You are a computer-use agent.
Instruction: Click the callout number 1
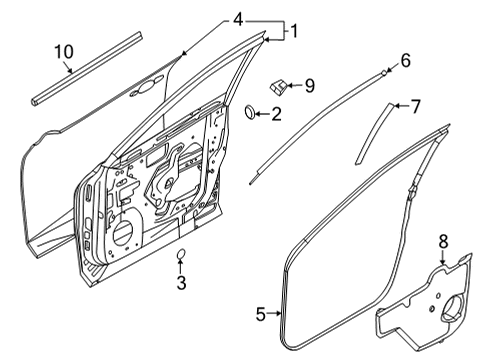(x=294, y=32)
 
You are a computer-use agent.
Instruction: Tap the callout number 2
(x=276, y=114)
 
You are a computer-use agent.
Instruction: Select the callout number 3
(x=181, y=283)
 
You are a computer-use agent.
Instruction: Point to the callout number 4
(x=237, y=19)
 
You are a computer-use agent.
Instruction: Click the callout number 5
(x=260, y=315)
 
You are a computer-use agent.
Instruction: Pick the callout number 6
(x=405, y=61)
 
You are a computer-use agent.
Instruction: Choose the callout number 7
(x=417, y=104)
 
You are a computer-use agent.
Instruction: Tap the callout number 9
(x=308, y=86)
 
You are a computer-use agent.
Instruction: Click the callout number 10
(x=63, y=51)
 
